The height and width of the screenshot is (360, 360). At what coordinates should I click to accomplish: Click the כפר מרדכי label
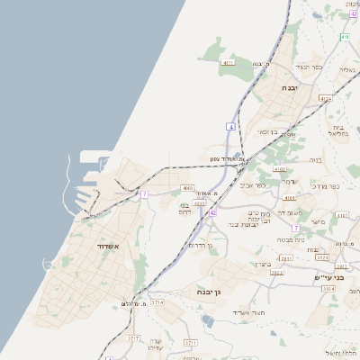(322, 186)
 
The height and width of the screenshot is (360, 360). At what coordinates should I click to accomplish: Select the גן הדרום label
(200, 244)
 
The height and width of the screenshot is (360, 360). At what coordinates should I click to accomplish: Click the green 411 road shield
(345, 37)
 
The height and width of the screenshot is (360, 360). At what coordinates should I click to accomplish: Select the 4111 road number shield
(229, 62)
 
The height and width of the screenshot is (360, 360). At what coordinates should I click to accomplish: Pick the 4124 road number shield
(325, 99)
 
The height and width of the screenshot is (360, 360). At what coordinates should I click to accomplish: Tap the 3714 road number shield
(157, 303)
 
